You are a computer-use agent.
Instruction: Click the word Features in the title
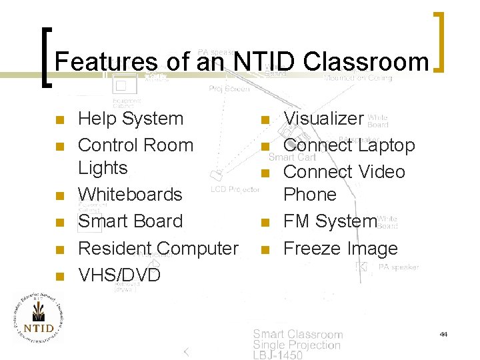coord(106,62)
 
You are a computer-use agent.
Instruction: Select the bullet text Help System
coord(131,119)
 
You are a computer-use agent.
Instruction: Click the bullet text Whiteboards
coord(130,195)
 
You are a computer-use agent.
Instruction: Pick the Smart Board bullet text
coord(130,221)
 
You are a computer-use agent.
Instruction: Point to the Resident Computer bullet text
coord(158,248)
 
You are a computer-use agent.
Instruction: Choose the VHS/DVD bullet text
coord(119,275)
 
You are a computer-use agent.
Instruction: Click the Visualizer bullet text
coord(324,119)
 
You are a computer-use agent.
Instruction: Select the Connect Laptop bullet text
coord(349,145)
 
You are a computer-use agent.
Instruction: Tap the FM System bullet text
coord(330,221)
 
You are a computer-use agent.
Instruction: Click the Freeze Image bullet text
coord(340,249)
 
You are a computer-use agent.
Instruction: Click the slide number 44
coord(443,333)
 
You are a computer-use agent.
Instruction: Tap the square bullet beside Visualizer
coord(265,121)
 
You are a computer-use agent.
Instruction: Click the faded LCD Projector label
coord(235,190)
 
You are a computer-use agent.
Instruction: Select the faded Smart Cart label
coord(292,158)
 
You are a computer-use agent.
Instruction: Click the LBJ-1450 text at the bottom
coord(277,355)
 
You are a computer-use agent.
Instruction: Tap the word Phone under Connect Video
coord(310,195)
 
